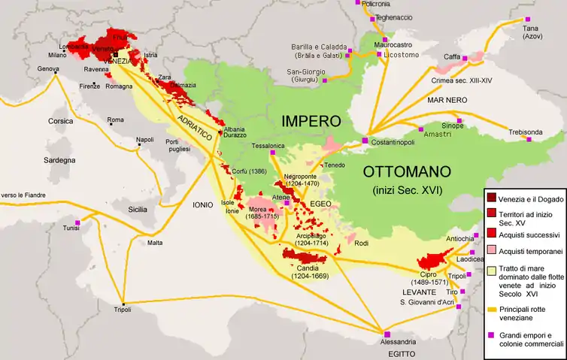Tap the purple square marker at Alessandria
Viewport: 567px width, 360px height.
point(387,334)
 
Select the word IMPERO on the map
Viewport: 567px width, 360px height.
point(311,121)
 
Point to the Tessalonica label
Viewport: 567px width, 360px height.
point(268,145)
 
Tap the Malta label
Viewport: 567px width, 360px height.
point(155,243)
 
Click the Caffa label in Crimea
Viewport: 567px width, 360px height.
point(452,56)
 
